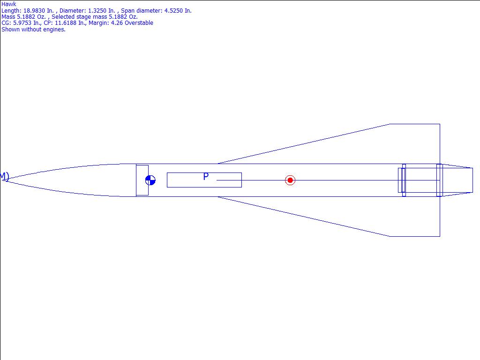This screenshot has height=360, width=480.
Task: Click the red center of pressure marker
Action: [x=290, y=180]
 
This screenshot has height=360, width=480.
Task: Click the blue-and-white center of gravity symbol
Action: [x=150, y=180]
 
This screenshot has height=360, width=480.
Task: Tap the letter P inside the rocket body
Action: [x=206, y=177]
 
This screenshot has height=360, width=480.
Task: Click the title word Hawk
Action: [x=9, y=4]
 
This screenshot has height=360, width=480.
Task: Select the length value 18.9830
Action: [x=34, y=11]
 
